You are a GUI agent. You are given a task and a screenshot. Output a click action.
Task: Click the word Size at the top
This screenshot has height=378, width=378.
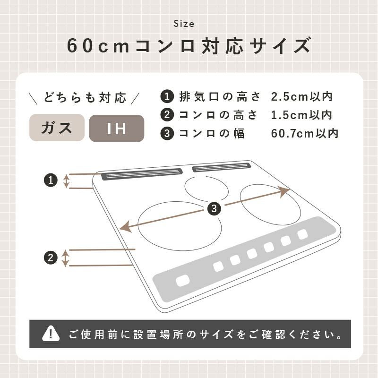[x=184, y=24]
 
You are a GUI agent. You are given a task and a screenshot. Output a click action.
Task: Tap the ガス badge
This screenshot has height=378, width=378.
[x=57, y=128]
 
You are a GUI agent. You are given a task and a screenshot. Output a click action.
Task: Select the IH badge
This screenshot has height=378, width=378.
[x=117, y=128]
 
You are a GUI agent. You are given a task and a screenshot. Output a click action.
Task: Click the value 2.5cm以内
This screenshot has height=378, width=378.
[x=302, y=97]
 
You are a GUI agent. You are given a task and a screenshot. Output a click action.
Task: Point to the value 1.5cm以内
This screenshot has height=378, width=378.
[x=302, y=115]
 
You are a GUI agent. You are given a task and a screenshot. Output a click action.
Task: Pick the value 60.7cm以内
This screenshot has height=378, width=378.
[x=305, y=133]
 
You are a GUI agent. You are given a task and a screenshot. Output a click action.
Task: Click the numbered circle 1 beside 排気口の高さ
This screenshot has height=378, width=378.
[x=167, y=97]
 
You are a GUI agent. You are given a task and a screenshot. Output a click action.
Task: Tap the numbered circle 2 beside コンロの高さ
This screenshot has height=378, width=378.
[x=167, y=115]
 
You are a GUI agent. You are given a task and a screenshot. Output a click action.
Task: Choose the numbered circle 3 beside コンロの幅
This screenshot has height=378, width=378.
[x=167, y=133]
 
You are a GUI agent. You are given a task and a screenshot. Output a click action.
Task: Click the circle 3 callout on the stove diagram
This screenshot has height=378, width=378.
[x=214, y=208]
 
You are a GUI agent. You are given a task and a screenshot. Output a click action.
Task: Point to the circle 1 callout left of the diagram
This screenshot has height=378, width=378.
[x=51, y=180]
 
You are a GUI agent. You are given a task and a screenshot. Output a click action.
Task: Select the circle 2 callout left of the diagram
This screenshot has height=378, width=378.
[x=51, y=258]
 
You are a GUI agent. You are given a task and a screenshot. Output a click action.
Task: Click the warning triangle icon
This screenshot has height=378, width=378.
[x=51, y=334]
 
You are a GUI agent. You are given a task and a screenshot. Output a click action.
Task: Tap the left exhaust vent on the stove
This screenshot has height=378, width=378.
[x=142, y=174]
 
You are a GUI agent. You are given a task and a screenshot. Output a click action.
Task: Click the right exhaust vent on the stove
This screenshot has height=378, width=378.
[x=221, y=167]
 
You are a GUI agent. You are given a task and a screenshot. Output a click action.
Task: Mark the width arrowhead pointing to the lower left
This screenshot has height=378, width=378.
[x=126, y=227]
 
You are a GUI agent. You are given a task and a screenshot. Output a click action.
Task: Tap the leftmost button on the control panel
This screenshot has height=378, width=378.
[x=183, y=281]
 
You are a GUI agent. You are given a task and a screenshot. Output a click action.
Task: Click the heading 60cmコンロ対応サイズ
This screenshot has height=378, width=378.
[x=189, y=46]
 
